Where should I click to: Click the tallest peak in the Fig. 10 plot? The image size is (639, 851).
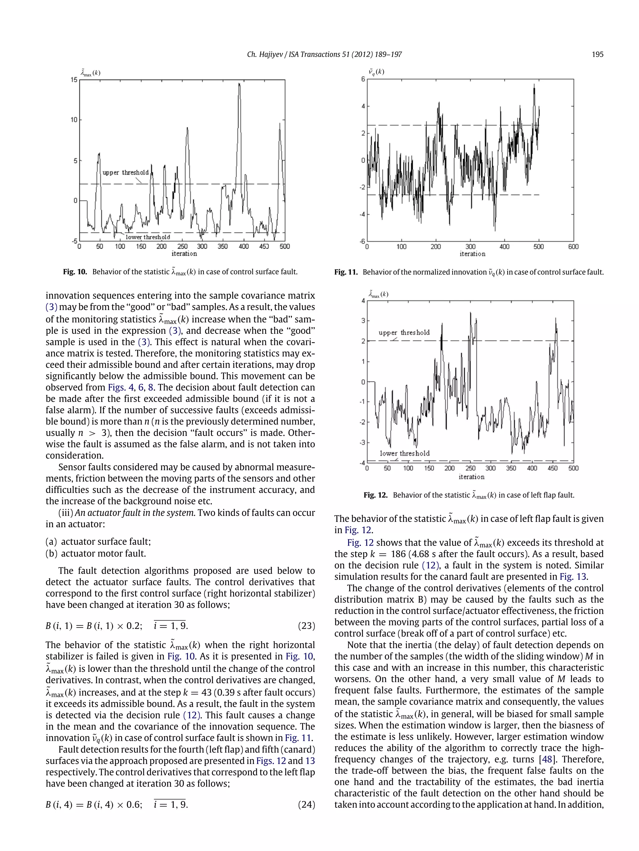(239, 84)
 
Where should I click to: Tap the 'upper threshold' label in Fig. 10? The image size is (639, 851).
(125, 173)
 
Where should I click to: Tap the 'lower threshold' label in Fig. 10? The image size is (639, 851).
(148, 237)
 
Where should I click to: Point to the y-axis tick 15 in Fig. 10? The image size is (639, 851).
(74, 80)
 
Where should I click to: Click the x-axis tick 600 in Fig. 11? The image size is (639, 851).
(573, 246)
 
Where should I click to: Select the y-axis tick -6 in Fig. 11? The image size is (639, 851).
(362, 241)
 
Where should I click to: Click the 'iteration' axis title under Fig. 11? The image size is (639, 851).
(472, 254)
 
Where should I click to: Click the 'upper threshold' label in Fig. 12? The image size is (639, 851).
(404, 332)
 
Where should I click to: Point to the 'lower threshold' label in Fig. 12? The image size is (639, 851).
(404, 453)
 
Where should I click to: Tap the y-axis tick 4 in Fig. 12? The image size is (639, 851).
(363, 300)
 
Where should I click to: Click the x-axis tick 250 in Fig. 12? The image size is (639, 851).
(470, 468)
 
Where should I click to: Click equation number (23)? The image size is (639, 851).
(306, 626)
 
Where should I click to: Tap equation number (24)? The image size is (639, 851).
(306, 805)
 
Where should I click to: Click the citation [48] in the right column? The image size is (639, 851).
(547, 759)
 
